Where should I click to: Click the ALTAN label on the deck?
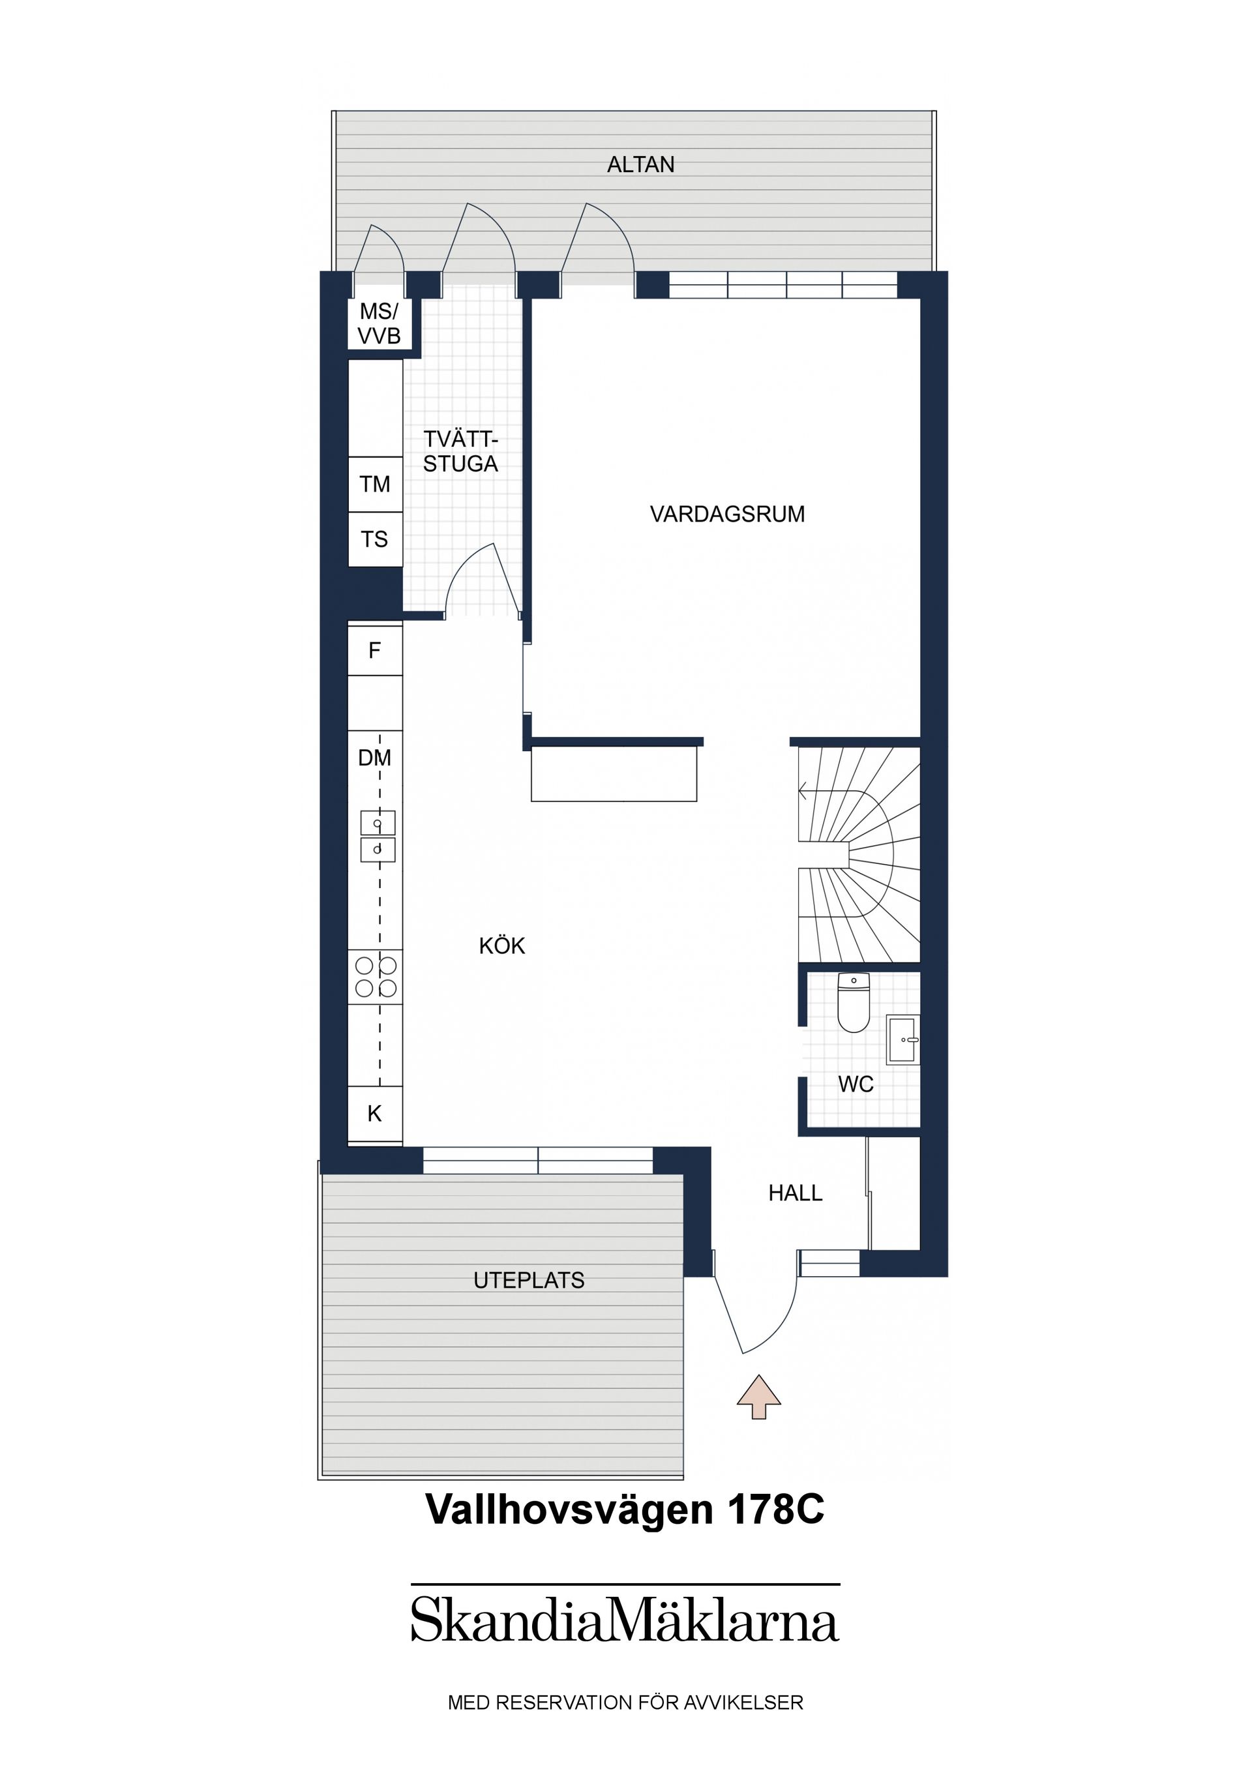[x=640, y=164]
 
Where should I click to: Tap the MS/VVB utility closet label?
[x=379, y=324]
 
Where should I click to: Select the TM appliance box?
[x=376, y=484]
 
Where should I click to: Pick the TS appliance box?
[x=376, y=539]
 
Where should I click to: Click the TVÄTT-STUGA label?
[x=460, y=452]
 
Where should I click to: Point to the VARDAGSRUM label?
[x=728, y=514]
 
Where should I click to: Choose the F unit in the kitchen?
[x=376, y=651]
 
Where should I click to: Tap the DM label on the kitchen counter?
[x=375, y=758]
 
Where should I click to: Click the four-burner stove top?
[x=376, y=977]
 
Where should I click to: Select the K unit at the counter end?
[x=376, y=1114]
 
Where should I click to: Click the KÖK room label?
[x=502, y=945]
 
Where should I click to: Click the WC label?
[x=856, y=1084]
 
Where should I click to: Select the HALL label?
[x=796, y=1193]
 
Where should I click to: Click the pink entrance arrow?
[x=759, y=1396]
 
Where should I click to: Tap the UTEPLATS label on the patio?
[x=529, y=1281]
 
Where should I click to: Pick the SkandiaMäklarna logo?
[x=625, y=1619]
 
